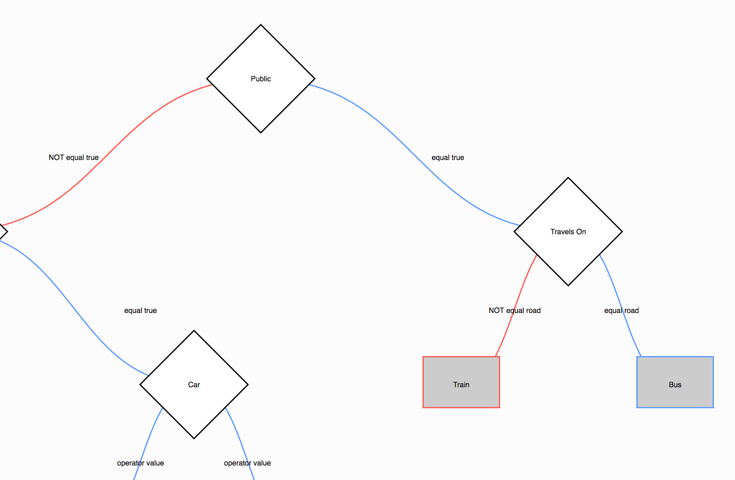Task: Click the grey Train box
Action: tap(461, 396)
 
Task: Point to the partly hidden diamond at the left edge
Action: tap(2, 232)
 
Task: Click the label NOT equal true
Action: tap(73, 157)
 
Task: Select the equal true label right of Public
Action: tap(447, 157)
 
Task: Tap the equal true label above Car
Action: tap(140, 310)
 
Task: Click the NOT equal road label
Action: tap(515, 310)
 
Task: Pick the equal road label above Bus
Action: tap(621, 310)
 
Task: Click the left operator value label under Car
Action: tap(140, 463)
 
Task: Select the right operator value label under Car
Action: tap(247, 463)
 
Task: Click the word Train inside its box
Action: tap(461, 385)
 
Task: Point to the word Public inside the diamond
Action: tap(261, 79)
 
